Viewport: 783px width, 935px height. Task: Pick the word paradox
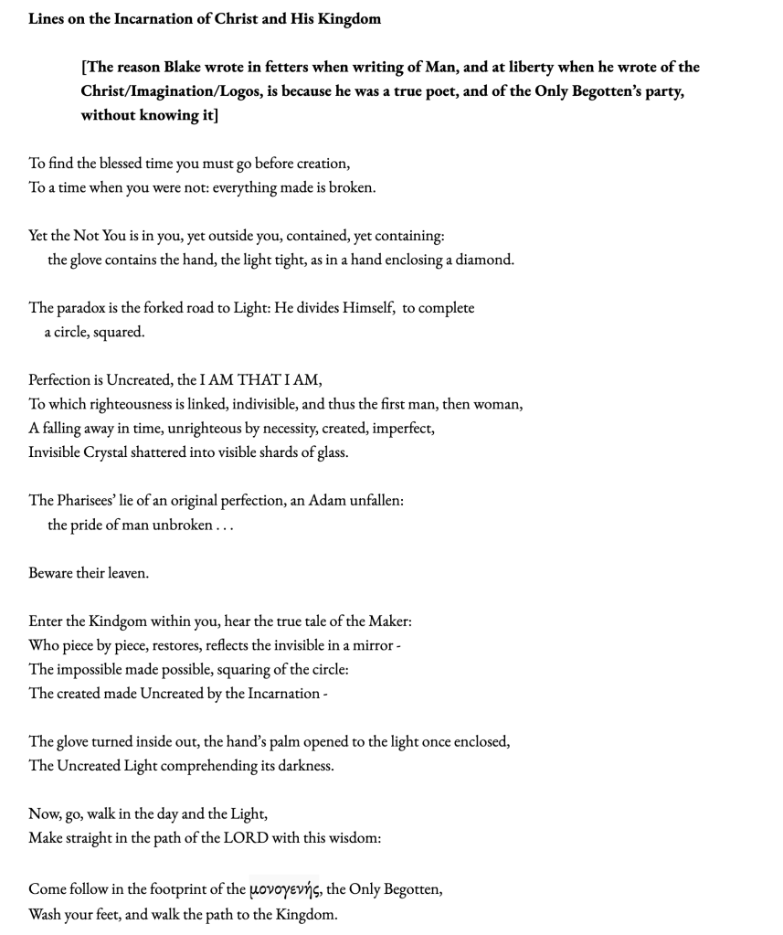pyautogui.click(x=83, y=308)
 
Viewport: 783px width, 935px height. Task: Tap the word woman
pyautogui.click(x=498, y=404)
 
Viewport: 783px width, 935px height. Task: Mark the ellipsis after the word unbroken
pyautogui.click(x=225, y=526)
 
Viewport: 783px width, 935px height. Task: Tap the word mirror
pyautogui.click(x=373, y=645)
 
